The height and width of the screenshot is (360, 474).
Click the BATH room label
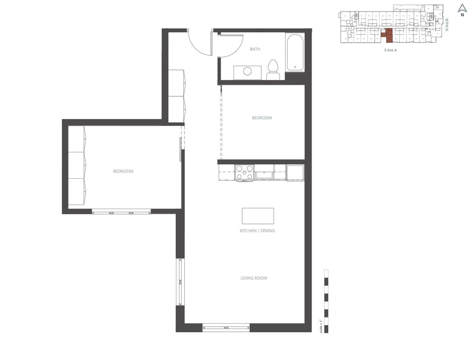click(255, 49)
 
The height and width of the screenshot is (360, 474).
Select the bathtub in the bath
click(295, 53)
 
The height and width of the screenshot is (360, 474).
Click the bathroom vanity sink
click(248, 72)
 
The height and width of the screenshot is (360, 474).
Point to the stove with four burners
click(244, 172)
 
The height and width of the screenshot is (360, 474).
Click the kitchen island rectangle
click(257, 216)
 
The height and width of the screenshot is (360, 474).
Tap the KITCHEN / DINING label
click(257, 231)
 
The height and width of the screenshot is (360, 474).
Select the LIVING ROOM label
click(254, 278)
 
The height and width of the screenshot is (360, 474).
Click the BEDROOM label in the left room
click(123, 171)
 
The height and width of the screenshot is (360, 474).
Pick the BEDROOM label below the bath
click(262, 118)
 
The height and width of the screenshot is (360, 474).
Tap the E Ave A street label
click(387, 50)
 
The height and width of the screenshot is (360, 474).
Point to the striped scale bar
click(326, 301)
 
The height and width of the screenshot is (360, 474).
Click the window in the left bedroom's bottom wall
click(121, 211)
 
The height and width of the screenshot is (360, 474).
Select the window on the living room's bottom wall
click(225, 328)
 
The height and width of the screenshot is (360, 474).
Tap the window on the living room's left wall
click(180, 282)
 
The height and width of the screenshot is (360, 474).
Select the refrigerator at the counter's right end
click(295, 173)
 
